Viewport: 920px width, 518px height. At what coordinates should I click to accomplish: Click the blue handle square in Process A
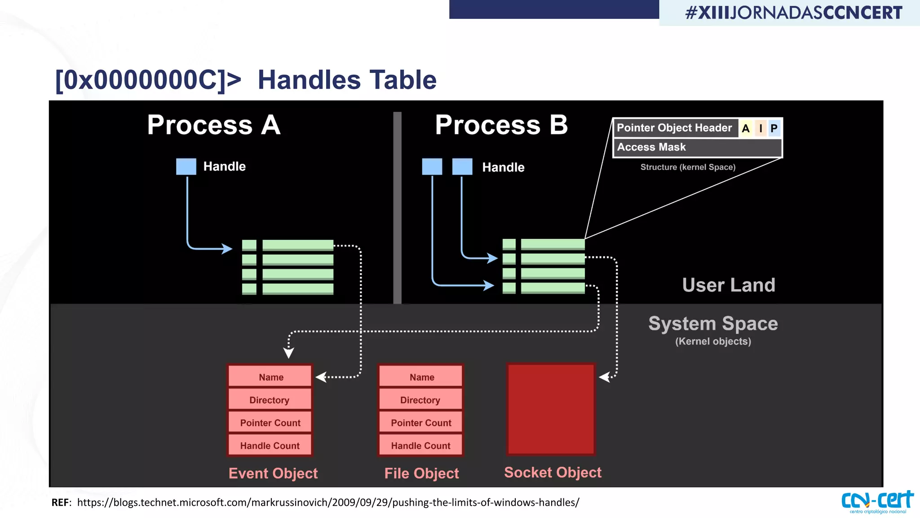point(186,166)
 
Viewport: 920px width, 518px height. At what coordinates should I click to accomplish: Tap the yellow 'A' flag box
point(746,129)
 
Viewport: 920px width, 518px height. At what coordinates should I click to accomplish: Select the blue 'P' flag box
point(774,129)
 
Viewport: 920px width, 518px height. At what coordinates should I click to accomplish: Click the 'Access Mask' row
point(697,147)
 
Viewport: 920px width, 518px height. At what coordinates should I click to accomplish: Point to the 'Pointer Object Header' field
point(675,128)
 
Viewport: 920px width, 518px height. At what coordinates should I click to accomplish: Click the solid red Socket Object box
point(551,409)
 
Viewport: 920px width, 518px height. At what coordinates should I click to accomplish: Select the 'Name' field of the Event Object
point(270,377)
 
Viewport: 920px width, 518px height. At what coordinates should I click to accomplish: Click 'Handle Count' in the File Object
point(420,445)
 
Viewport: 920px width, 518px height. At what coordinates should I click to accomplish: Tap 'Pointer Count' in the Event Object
point(270,423)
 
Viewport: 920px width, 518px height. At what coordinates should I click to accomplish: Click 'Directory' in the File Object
point(420,400)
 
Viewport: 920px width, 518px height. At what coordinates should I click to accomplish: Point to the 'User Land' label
point(728,285)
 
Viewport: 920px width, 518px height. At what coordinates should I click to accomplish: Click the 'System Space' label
point(713,324)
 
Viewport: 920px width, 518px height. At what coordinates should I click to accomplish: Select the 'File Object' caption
point(421,473)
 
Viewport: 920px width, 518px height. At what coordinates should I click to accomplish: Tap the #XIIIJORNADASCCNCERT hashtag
point(793,13)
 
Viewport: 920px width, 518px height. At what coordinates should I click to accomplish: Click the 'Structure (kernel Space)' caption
point(688,167)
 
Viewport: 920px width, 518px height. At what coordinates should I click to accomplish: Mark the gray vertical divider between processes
point(397,207)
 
